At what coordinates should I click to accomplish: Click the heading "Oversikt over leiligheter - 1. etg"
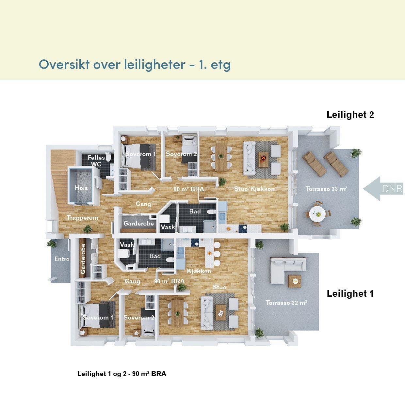pyautogui.click(x=135, y=64)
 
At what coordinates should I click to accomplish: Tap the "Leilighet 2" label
pyautogui.click(x=350, y=115)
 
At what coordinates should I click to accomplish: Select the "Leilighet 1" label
pyautogui.click(x=350, y=293)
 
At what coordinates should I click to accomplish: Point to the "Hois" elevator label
pyautogui.click(x=81, y=188)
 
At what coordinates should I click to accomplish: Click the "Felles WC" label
pyautogui.click(x=96, y=161)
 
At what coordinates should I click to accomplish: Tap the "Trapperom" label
pyautogui.click(x=82, y=218)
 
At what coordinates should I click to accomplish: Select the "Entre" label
pyautogui.click(x=62, y=259)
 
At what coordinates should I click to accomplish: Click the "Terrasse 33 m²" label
pyautogui.click(x=326, y=189)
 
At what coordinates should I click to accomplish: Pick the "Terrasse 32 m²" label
pyautogui.click(x=286, y=303)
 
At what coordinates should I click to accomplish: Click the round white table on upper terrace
pyautogui.click(x=317, y=214)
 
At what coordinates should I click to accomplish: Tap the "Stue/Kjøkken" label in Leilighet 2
pyautogui.click(x=254, y=189)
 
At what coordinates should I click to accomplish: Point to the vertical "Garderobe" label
pyautogui.click(x=83, y=259)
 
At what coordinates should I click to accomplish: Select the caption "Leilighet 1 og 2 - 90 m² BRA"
pyautogui.click(x=121, y=374)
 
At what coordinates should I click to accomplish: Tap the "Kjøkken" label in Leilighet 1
pyautogui.click(x=199, y=271)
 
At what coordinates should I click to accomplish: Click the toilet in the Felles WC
pyautogui.click(x=108, y=157)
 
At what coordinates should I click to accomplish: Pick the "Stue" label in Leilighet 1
pyautogui.click(x=219, y=287)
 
